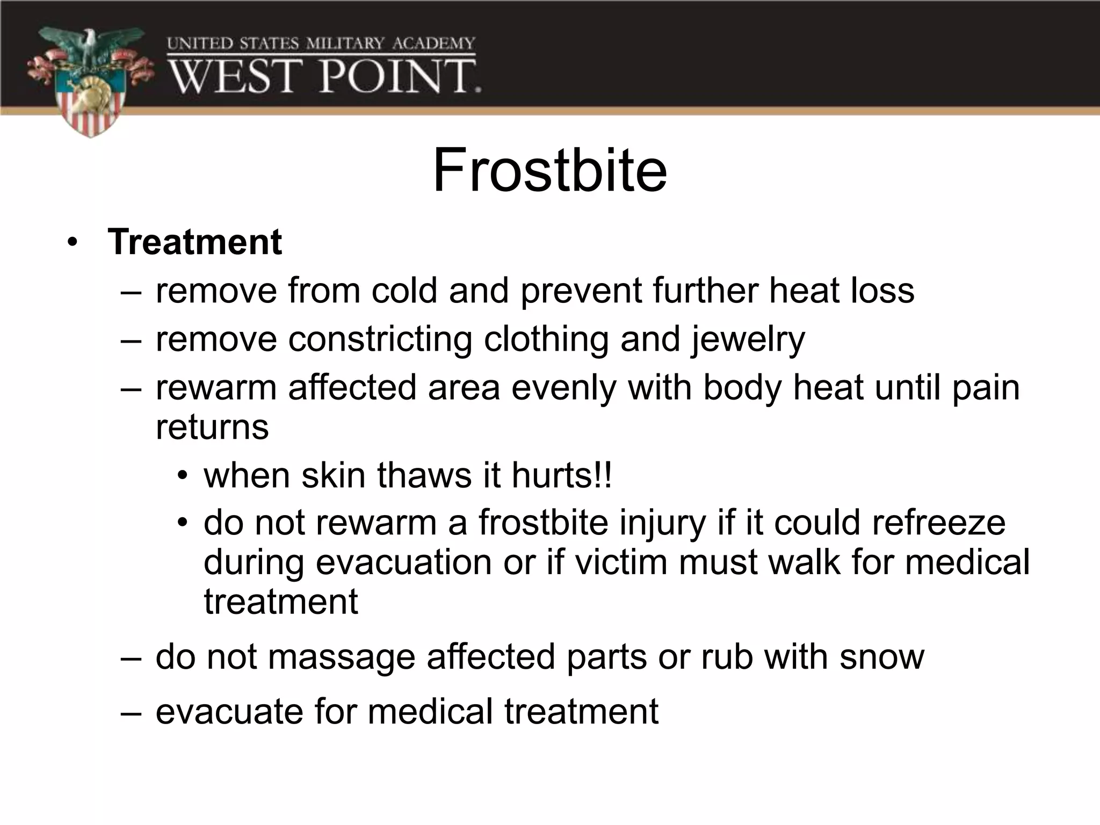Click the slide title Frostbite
click(x=549, y=171)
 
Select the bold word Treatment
click(x=194, y=242)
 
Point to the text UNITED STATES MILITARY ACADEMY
click(x=321, y=44)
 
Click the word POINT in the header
click(x=400, y=77)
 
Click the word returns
click(x=212, y=428)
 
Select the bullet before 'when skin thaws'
click(x=183, y=476)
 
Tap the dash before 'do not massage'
click(x=132, y=658)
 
